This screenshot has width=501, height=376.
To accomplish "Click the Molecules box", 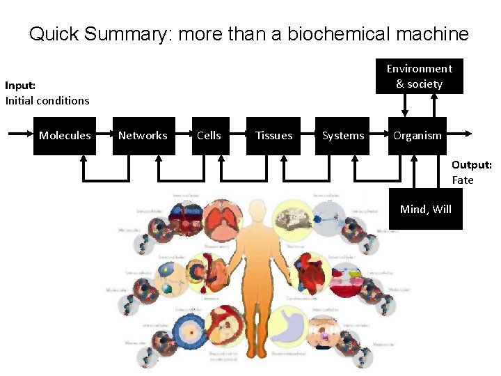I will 65,136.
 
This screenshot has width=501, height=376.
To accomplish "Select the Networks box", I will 143,136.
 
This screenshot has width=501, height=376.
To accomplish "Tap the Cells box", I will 209,136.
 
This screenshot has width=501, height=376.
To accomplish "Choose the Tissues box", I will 274,136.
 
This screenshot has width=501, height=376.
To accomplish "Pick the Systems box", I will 343,136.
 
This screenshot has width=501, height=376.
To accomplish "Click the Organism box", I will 417,136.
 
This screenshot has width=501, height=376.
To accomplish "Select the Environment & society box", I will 419,76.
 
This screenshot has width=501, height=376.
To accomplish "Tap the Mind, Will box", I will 425,209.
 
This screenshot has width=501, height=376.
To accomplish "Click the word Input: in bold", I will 20,86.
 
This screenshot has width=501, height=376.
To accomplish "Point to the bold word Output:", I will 471,165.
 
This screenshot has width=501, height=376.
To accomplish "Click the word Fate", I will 463,180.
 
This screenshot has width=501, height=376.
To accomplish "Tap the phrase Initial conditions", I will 47,100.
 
